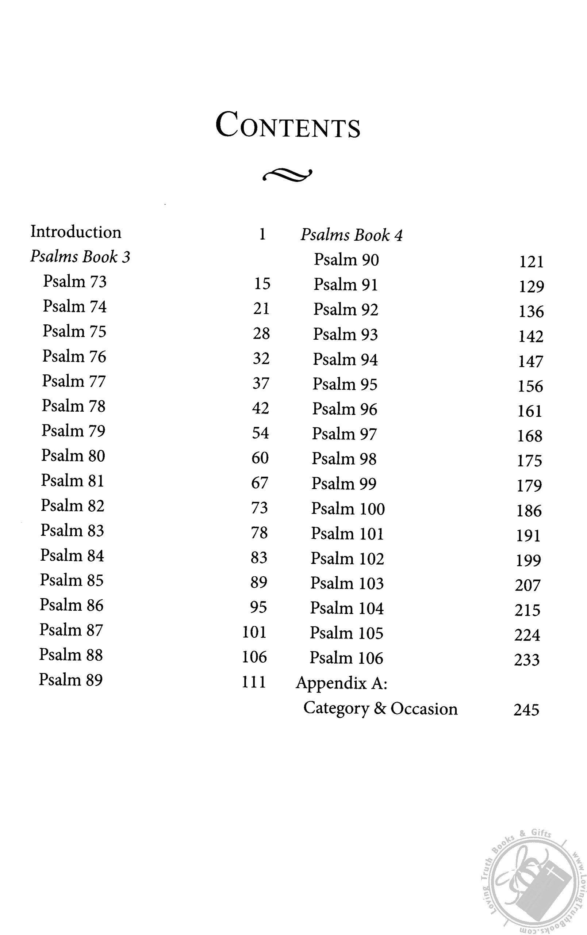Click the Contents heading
[288, 125]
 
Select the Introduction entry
[76, 232]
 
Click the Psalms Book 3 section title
[80, 257]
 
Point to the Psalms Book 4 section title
[352, 235]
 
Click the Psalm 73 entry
[74, 282]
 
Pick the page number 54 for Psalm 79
[260, 433]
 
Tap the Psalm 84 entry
[72, 556]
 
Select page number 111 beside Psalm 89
[254, 682]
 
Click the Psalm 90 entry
[346, 260]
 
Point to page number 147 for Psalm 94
[531, 362]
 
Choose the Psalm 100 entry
[348, 509]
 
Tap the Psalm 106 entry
[346, 658]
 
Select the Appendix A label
[342, 683]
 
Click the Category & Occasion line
[380, 709]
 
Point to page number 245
[526, 710]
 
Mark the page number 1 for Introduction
[262, 234]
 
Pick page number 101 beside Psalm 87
[254, 632]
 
